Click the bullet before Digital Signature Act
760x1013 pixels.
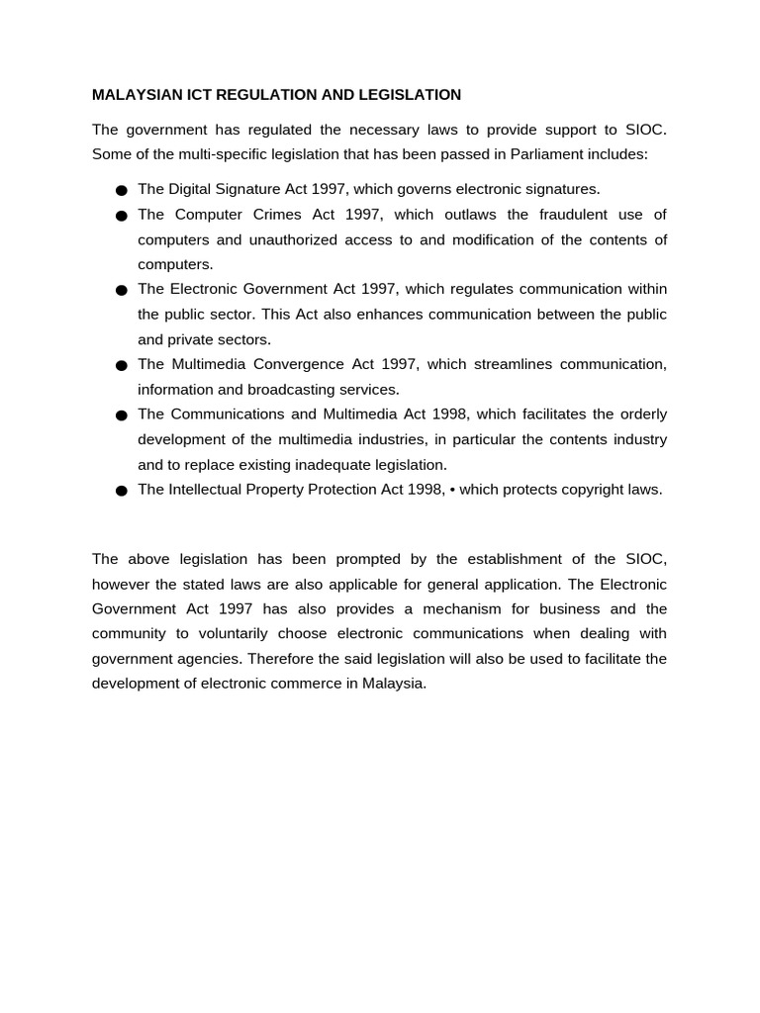click(x=122, y=190)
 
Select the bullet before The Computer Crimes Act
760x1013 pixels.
click(x=122, y=216)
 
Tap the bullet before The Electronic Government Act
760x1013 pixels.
click(x=122, y=290)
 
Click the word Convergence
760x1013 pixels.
click(x=292, y=364)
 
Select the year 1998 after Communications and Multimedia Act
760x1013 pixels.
click(x=450, y=414)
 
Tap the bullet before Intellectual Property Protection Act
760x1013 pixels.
click(x=122, y=491)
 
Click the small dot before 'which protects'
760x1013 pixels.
click(x=451, y=490)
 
